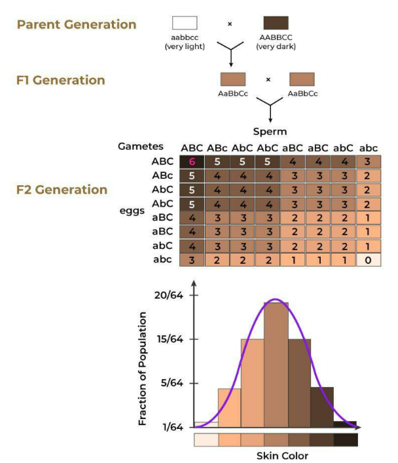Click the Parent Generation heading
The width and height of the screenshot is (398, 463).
77,25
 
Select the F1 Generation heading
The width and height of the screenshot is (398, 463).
60,81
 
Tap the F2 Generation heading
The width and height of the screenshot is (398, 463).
62,190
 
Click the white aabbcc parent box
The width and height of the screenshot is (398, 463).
185,24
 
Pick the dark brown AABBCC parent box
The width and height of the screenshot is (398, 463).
276,24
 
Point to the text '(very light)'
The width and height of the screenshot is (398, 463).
185,46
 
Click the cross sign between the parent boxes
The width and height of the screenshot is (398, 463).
230,24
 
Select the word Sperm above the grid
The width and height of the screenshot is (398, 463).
270,132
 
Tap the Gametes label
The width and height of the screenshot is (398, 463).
140,147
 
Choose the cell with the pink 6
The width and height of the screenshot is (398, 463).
192,161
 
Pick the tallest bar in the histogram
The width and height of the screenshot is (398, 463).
276,364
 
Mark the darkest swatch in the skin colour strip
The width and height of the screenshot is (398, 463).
346,439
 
